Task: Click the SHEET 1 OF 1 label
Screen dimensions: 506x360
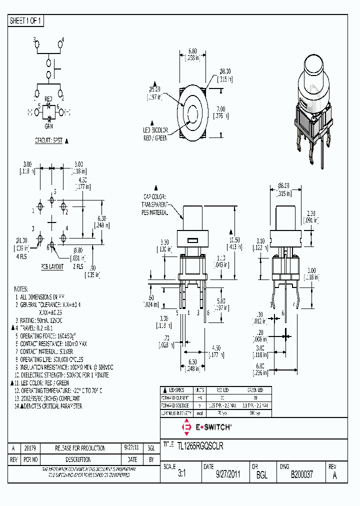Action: click(x=26, y=21)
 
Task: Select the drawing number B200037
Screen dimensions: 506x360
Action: click(x=301, y=475)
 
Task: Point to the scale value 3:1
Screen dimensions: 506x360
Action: click(x=181, y=475)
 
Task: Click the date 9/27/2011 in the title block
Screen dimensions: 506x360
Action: click(x=228, y=475)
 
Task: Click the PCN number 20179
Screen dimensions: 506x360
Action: click(x=29, y=448)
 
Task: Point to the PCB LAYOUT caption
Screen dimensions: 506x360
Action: click(x=52, y=266)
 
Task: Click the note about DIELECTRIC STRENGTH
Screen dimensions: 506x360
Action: click(x=61, y=375)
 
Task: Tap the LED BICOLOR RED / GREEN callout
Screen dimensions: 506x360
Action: click(x=155, y=134)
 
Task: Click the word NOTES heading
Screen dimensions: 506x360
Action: click(x=20, y=289)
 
